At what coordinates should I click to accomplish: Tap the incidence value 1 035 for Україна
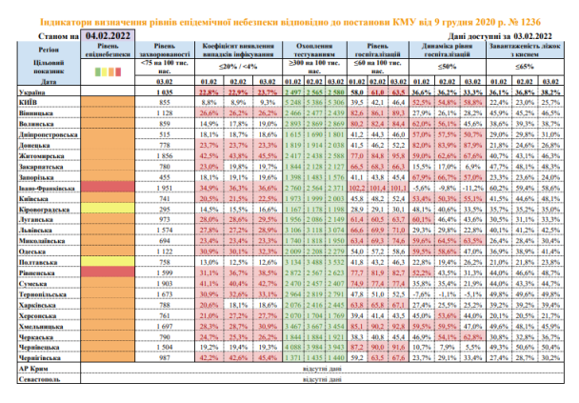coord(167,91)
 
